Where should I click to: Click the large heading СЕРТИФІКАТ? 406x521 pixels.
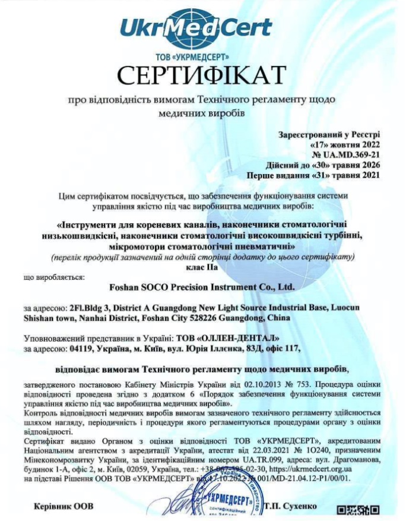(202, 75)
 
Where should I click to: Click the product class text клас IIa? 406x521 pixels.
(202, 267)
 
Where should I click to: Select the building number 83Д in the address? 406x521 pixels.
(230, 348)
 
